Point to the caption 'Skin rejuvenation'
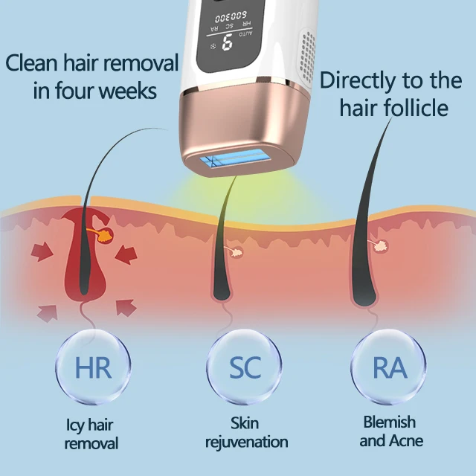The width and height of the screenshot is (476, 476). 246,433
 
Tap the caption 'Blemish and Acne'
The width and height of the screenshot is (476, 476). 388,431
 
